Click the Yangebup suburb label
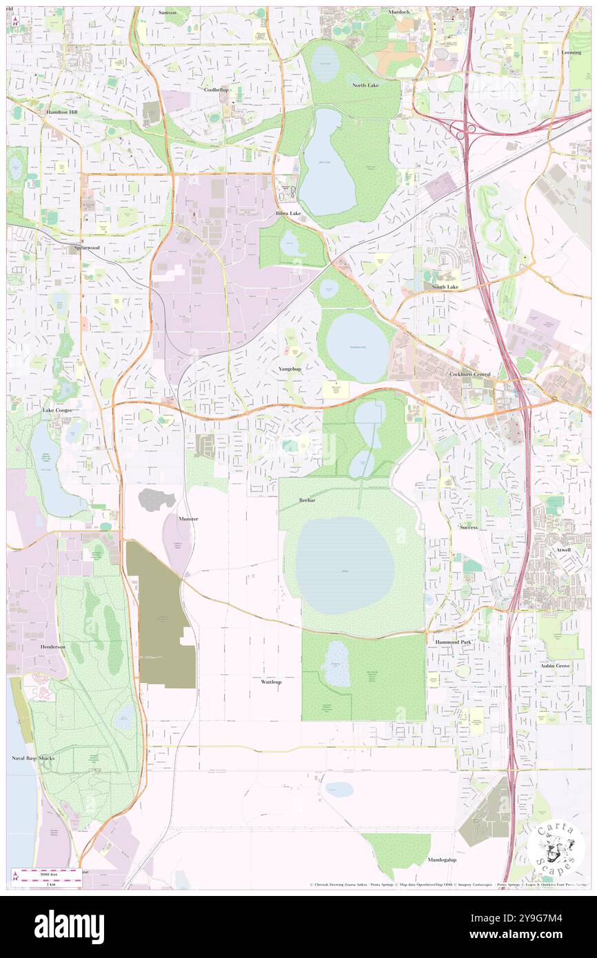[x=290, y=369]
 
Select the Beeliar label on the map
[x=307, y=500]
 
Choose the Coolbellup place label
[x=216, y=90]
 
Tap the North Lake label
[x=365, y=85]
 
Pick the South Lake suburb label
[x=445, y=286]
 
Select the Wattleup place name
[x=272, y=682]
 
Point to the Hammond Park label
[x=453, y=642]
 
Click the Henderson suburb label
[x=53, y=646]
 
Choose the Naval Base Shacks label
[x=51, y=758]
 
